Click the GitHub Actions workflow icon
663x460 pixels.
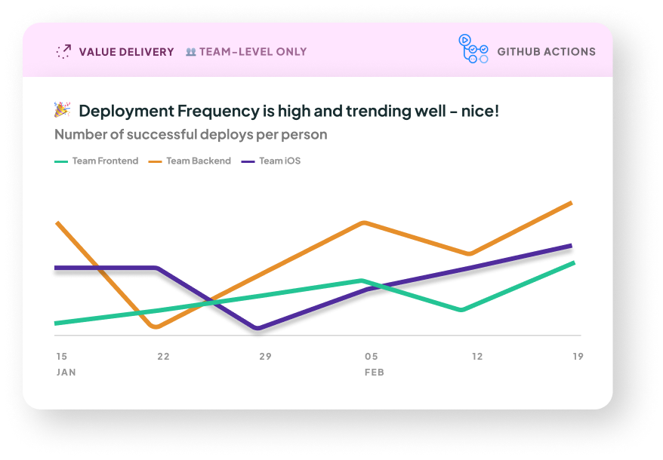click(473, 49)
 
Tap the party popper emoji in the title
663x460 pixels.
click(62, 111)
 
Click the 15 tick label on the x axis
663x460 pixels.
click(61, 356)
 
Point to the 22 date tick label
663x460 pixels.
click(163, 356)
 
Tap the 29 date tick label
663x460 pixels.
click(265, 356)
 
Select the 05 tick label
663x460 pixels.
click(372, 356)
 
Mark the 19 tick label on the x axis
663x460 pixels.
click(578, 356)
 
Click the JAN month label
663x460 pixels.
click(66, 373)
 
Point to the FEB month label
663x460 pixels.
click(375, 373)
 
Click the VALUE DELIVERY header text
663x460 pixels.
click(126, 52)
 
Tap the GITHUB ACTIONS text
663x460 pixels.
click(546, 52)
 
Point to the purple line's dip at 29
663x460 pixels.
click(258, 328)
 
